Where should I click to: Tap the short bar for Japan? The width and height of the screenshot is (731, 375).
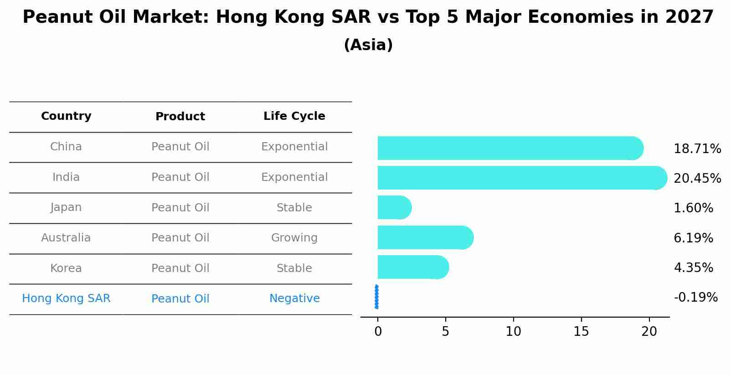tap(394, 208)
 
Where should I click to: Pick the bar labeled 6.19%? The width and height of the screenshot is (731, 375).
tap(425, 237)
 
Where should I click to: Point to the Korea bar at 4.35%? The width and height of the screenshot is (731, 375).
tap(413, 267)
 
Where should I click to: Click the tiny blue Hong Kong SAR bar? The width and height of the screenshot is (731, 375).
tap(376, 297)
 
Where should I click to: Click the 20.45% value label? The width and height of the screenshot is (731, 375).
tap(697, 179)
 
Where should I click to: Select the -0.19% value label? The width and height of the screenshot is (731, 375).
tap(695, 298)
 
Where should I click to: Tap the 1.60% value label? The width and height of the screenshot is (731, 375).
tap(693, 208)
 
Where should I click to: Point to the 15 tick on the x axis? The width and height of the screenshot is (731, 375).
tap(581, 332)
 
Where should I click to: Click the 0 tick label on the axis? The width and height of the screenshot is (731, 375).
tap(378, 332)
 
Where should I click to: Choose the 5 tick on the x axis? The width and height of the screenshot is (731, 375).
tap(445, 332)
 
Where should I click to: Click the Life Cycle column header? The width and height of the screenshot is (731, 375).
tap(294, 116)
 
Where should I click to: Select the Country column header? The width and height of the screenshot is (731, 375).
tap(66, 116)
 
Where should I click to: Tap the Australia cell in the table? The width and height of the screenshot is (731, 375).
tap(66, 238)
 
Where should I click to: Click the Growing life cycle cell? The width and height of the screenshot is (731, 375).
tap(294, 238)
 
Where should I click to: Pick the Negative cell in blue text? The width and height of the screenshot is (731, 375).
tap(294, 298)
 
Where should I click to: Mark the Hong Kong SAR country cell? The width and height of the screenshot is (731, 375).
tap(66, 298)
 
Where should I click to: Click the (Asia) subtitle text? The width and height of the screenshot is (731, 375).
tap(368, 45)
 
